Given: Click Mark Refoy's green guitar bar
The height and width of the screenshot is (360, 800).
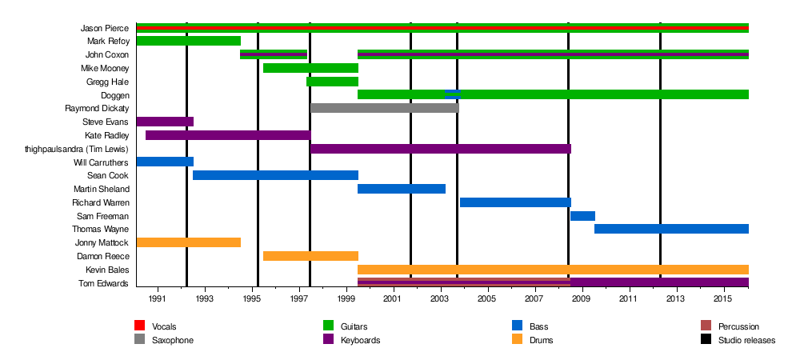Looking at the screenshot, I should (189, 41).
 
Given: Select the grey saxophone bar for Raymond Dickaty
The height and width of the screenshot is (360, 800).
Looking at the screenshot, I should (384, 108).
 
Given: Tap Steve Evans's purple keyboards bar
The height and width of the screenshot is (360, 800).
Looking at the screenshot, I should (165, 122).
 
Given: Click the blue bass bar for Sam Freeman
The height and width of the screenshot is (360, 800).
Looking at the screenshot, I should (582, 216).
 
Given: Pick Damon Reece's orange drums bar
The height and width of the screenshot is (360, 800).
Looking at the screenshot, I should (310, 256).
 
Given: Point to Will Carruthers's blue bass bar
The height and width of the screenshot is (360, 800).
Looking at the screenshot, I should (165, 162).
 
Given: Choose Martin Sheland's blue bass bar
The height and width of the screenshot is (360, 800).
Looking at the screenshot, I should (402, 189).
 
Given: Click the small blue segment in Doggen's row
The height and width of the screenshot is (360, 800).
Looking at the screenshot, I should (452, 94).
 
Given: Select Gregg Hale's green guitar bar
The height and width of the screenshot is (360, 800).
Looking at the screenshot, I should (332, 82).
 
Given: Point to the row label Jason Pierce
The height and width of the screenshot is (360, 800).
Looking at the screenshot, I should (105, 28).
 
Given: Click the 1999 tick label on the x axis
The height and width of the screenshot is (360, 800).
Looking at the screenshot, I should (346, 298).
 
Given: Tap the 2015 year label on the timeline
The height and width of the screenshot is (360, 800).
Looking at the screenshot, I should (724, 298).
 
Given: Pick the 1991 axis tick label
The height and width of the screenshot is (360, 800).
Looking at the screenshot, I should (158, 298).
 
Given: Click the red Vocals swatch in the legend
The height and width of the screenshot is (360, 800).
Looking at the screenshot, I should (139, 326).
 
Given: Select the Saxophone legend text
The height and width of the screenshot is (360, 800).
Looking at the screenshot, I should (173, 340).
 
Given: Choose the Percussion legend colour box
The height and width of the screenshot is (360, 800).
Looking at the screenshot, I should (706, 326).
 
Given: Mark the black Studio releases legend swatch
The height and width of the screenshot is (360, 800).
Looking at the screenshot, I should (706, 340).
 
